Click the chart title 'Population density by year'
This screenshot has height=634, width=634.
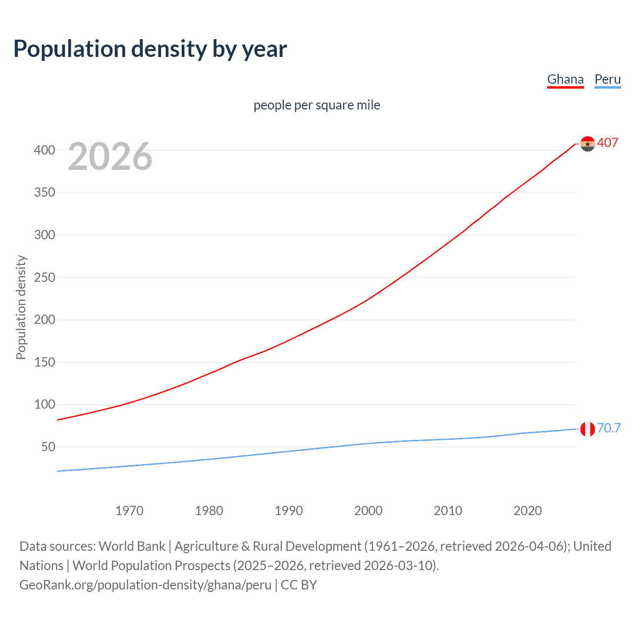150,49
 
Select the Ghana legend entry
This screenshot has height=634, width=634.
565,79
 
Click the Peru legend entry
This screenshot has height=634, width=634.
607,79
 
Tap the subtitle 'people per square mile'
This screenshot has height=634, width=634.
317,105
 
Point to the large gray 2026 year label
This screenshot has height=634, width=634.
110,157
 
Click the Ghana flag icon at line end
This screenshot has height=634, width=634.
587,144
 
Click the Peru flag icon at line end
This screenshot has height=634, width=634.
587,429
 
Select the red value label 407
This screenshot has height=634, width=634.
607,143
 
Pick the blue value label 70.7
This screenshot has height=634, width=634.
609,428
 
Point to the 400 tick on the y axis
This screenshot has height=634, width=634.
44,150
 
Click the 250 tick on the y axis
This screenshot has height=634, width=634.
44,277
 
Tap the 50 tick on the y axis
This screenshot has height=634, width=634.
48,447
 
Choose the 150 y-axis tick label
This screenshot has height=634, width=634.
44,362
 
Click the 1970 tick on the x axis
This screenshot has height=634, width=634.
129,511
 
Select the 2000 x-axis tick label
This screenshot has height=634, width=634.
368,511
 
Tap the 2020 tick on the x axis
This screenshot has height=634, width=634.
528,511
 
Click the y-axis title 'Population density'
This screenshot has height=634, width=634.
21,307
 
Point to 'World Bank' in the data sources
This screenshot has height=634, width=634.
132,546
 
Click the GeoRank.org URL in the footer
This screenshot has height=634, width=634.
145,585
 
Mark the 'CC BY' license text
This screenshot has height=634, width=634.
299,585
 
